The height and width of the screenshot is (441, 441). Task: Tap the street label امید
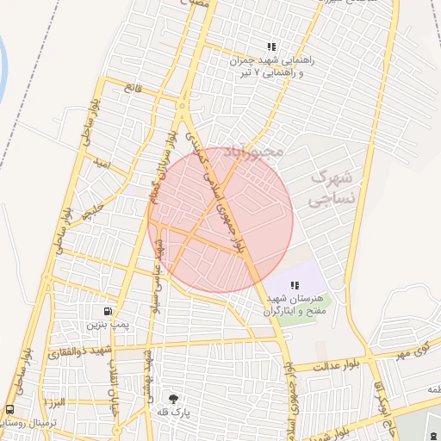point(102,163)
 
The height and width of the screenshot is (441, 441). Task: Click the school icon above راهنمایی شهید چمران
point(271,47)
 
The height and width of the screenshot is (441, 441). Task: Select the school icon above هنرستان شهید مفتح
point(295,285)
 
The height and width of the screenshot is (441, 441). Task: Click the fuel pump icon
point(108,311)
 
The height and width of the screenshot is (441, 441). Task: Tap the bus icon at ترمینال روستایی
point(9,409)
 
